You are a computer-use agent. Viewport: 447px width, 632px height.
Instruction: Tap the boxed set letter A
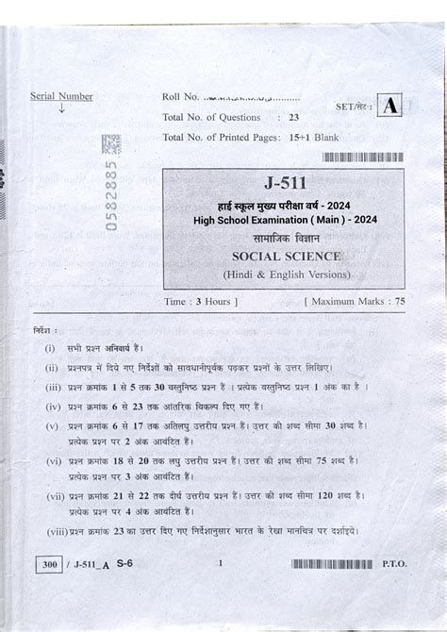[388, 107]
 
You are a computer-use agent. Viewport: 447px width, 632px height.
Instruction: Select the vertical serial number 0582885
[110, 206]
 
